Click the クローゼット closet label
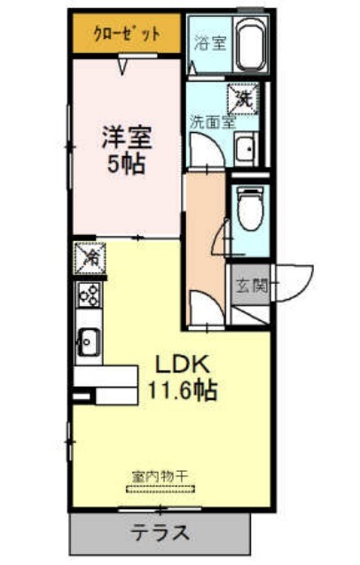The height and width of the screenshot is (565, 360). pos(127,35)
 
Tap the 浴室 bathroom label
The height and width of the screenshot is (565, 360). pos(210,43)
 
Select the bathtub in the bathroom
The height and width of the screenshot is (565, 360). pos(251,44)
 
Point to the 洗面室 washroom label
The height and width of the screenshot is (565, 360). pos(213,123)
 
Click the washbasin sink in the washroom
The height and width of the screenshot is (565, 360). pos(246,148)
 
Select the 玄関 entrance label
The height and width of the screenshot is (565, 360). pos(252,286)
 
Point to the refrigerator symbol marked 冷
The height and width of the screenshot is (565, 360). pos(90,257)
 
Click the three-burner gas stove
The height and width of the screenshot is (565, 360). pos(89,294)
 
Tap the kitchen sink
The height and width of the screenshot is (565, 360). pos(87,342)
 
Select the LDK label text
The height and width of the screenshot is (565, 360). pos(182,365)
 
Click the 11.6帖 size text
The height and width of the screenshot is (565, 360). pos(183,390)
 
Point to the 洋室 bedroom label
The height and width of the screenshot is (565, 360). pos(127,137)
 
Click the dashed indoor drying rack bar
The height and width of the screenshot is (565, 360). pos(160,490)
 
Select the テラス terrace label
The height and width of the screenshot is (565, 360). pos(160,533)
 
